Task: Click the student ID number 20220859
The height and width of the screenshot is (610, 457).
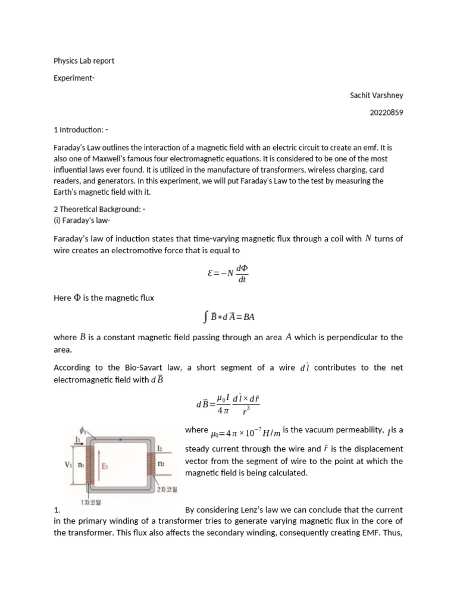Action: tap(386, 113)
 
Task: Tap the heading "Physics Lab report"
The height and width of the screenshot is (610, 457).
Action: tap(84, 61)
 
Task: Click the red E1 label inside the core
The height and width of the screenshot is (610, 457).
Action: tap(105, 466)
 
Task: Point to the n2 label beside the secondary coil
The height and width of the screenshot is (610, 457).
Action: tap(161, 463)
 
